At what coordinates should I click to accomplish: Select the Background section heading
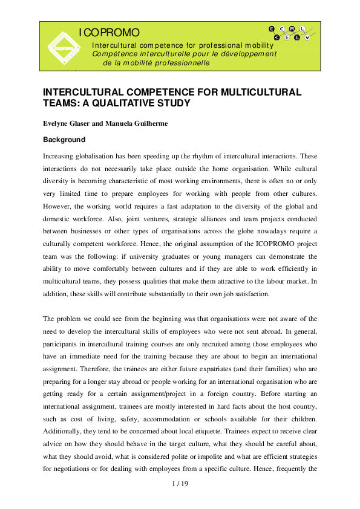64,140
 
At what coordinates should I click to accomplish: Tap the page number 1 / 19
180,484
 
